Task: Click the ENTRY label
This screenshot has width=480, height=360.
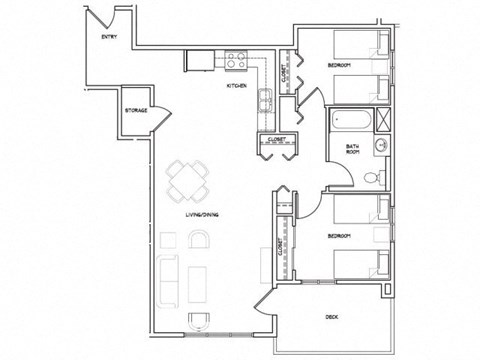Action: (x=101, y=37)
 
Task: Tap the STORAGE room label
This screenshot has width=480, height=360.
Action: (x=136, y=110)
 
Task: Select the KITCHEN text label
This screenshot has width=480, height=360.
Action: (x=237, y=87)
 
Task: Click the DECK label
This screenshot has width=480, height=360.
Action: (x=330, y=317)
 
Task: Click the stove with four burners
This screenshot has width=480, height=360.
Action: (x=236, y=61)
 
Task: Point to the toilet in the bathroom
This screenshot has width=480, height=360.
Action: (x=372, y=178)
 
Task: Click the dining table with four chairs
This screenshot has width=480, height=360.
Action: (x=188, y=181)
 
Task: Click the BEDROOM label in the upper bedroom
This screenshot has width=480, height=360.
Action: (x=341, y=67)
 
